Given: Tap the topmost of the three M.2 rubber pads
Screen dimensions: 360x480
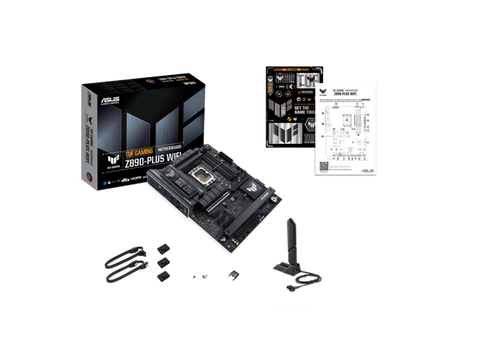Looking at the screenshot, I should [x=163, y=247].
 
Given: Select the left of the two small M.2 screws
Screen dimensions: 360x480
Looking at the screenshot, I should [x=193, y=277].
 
